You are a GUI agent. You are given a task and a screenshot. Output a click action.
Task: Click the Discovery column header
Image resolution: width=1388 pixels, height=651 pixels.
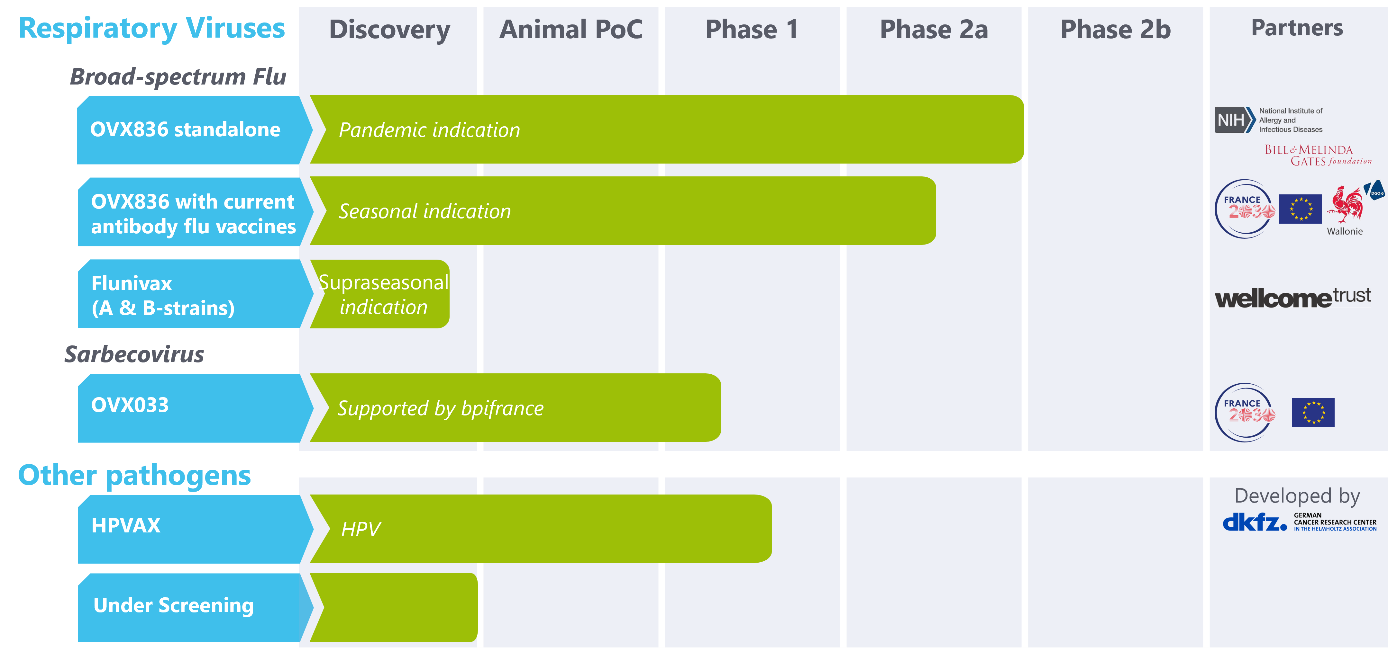389,30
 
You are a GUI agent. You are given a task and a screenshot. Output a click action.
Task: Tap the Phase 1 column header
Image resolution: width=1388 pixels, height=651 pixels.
752,30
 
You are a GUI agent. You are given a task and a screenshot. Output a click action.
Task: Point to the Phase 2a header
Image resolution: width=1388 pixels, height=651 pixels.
934,30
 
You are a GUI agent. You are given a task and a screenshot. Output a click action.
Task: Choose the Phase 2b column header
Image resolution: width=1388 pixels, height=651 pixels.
1115,30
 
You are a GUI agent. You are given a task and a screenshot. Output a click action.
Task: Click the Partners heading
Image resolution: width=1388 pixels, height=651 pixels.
1297,28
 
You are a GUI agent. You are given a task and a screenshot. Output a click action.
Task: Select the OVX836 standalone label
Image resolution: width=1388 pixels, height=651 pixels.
185,130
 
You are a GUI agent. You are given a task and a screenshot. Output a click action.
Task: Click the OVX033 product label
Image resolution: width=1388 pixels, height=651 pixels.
130,405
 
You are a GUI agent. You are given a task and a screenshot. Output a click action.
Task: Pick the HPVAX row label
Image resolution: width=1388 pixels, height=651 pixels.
126,526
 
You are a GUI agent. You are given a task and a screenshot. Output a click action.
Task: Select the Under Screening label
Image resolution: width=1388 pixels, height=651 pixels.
174,605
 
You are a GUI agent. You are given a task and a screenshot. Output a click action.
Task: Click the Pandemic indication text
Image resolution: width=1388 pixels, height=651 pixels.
429,130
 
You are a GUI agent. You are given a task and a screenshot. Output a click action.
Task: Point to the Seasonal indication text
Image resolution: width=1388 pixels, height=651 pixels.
425,212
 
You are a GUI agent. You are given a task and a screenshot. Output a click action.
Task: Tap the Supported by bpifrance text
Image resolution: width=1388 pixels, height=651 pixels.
440,409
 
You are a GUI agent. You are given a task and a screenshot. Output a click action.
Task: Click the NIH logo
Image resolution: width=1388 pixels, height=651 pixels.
1234,120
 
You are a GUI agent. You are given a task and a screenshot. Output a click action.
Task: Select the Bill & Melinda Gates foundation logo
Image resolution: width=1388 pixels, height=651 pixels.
1318,155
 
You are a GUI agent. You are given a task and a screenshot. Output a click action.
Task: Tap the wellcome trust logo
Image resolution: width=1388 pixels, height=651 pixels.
1293,298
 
